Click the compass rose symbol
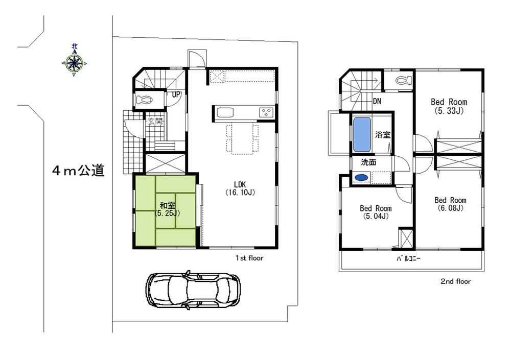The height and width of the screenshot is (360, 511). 75,63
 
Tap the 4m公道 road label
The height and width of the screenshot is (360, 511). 78,171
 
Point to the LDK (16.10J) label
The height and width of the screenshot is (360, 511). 240,188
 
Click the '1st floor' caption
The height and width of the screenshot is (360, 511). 249,258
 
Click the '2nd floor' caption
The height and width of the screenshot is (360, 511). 455,281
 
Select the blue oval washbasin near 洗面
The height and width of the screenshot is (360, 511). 361,178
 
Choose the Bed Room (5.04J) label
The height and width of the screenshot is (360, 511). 376,212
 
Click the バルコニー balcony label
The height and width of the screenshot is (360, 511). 409,259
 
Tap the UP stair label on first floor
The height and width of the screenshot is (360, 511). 176,94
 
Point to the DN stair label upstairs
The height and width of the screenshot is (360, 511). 377,102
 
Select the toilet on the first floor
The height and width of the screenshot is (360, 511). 146,100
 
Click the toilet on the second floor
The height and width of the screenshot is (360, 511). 402,81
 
